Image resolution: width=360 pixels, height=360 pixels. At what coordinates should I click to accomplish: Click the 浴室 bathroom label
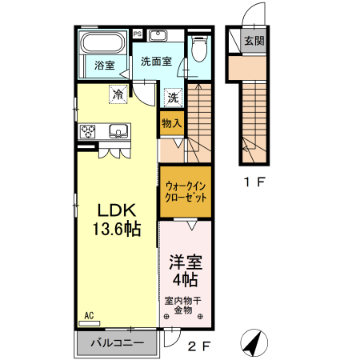(103, 66)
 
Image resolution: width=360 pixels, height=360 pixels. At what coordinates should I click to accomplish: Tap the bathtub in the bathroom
(103, 42)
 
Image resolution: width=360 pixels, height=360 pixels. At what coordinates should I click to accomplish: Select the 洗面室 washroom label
(157, 62)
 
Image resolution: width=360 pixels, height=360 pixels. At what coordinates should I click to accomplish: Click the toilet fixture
(200, 50)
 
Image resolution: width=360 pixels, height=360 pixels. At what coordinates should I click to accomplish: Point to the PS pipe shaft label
(137, 34)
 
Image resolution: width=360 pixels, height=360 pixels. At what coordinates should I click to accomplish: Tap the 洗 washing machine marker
(172, 98)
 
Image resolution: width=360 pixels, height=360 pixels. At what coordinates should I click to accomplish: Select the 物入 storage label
(172, 122)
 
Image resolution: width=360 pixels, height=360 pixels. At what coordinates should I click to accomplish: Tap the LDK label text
(118, 210)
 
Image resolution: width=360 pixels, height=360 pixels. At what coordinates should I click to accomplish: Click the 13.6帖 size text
(118, 230)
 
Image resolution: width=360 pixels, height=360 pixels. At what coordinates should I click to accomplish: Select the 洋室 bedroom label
(185, 262)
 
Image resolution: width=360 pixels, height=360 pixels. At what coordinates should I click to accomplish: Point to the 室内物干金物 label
(185, 306)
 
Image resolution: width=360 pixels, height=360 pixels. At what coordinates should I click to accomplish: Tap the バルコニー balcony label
(117, 344)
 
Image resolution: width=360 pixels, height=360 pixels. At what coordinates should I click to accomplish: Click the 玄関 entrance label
(254, 42)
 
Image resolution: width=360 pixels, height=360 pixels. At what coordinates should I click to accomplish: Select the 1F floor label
(254, 182)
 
